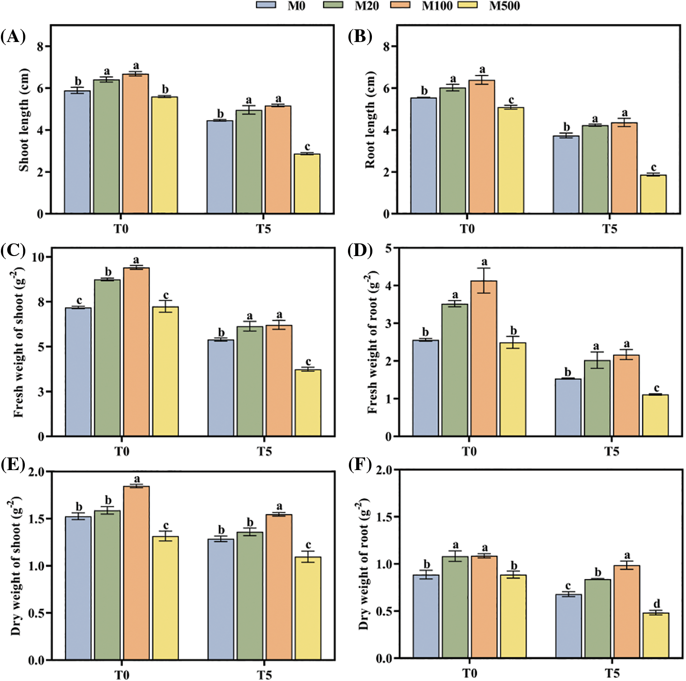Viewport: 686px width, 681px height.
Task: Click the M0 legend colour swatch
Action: [266, 5]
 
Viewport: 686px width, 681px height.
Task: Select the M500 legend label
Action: [504, 6]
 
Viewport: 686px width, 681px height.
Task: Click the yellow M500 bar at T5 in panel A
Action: [307, 183]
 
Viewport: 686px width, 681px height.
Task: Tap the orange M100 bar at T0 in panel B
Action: [482, 147]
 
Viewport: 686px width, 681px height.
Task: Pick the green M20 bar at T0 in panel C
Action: [108, 358]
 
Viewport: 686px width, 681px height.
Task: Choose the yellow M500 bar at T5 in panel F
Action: [656, 635]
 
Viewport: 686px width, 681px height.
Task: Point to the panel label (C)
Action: [13, 250]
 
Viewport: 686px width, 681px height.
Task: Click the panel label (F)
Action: [360, 465]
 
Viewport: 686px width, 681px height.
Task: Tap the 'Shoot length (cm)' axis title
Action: [23, 120]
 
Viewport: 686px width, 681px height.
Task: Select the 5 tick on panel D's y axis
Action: [389, 248]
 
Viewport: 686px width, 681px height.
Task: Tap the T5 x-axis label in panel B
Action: [609, 229]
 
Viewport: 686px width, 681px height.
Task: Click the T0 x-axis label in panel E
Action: [122, 675]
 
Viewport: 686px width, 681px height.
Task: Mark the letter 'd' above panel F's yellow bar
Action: [657, 604]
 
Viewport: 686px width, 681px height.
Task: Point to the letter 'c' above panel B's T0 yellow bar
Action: [511, 100]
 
